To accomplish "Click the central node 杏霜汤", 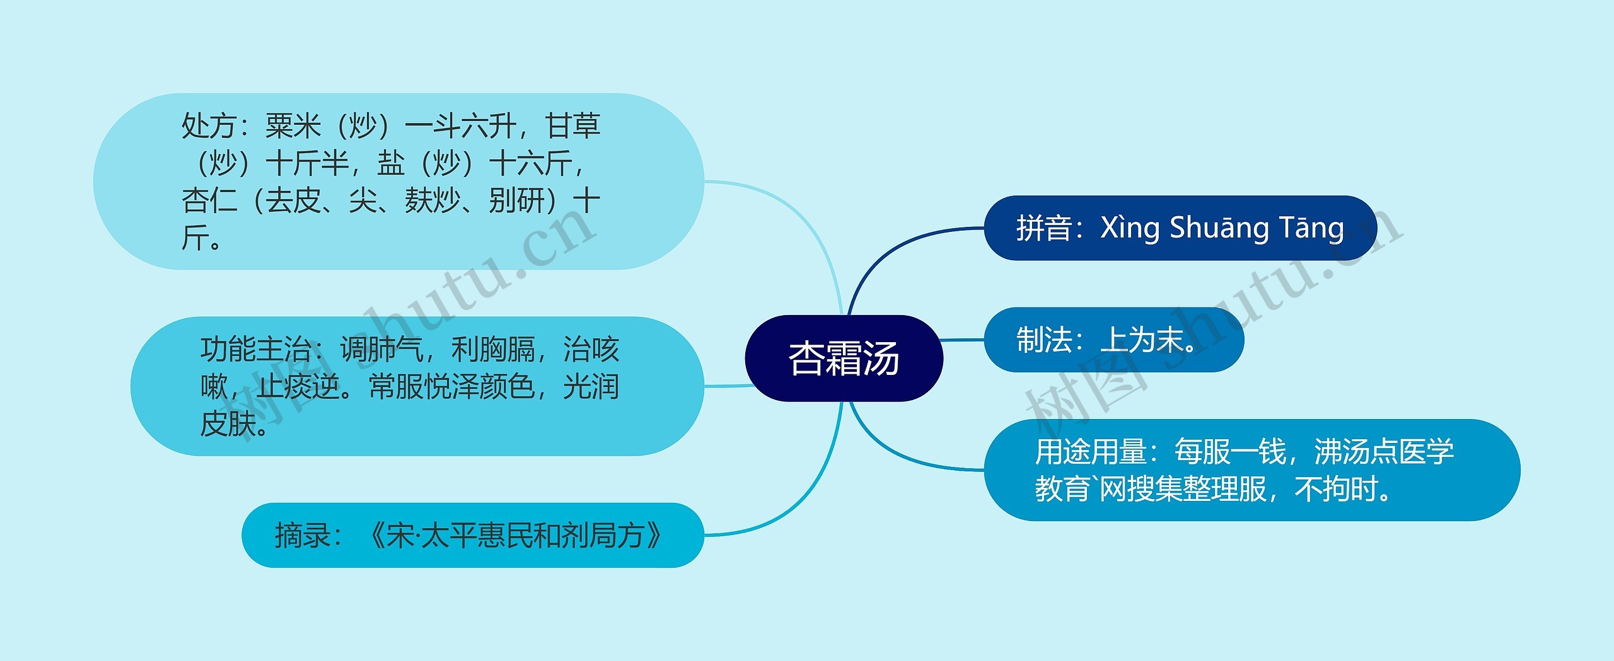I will (x=844, y=358).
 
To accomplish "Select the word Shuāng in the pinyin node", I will (x=1219, y=228).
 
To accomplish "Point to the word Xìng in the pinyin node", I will (x=1129, y=228).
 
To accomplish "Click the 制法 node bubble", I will (x=1113, y=340).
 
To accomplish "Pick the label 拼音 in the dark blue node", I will (x=1043, y=228).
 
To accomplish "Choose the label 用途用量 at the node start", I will (x=1090, y=452).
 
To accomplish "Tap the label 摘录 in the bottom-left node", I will (x=303, y=536).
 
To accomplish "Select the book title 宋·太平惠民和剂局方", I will (x=514, y=536).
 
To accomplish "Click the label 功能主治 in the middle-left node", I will (x=256, y=350).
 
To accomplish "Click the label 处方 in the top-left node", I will (x=209, y=126).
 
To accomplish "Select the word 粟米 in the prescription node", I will (x=293, y=126).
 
